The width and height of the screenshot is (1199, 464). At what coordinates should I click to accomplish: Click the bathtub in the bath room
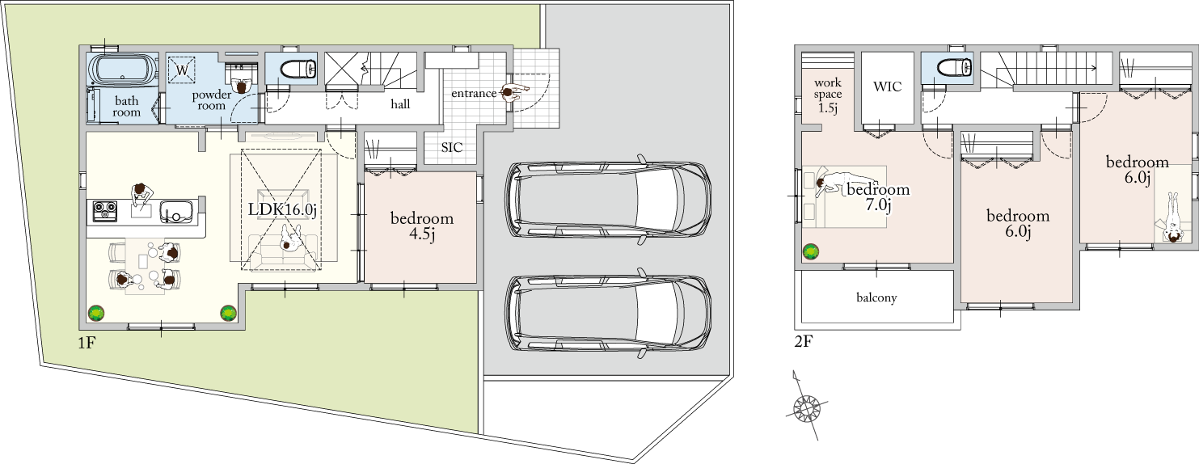pyautogui.click(x=124, y=69)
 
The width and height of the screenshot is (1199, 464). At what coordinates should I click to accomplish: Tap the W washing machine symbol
pyautogui.click(x=182, y=70)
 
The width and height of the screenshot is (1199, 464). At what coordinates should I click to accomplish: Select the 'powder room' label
pyautogui.click(x=212, y=100)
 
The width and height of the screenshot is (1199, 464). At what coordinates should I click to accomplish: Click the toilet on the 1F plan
pyautogui.click(x=298, y=69)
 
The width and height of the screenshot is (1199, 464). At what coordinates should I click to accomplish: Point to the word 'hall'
pyautogui.click(x=400, y=103)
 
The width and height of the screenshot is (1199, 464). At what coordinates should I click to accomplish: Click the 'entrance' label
pyautogui.click(x=474, y=94)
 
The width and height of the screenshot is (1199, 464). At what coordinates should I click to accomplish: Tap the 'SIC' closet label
pyautogui.click(x=452, y=147)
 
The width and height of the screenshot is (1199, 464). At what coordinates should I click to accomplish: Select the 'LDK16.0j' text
pyautogui.click(x=283, y=209)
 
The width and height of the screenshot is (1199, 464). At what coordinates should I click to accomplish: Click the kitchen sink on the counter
pyautogui.click(x=175, y=212)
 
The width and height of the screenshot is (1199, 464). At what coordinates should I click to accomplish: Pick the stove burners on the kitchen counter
pyautogui.click(x=105, y=210)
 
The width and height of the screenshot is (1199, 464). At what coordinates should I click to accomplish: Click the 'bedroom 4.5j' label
pyautogui.click(x=422, y=226)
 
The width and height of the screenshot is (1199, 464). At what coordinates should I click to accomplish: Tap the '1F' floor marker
pyautogui.click(x=87, y=343)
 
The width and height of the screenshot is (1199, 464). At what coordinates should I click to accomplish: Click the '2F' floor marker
pyautogui.click(x=804, y=341)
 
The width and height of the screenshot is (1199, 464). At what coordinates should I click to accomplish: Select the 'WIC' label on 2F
pyautogui.click(x=887, y=86)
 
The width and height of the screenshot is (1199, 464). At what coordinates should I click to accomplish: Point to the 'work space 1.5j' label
pyautogui.click(x=828, y=95)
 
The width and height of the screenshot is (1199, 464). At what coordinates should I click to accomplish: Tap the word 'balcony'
pyautogui.click(x=876, y=297)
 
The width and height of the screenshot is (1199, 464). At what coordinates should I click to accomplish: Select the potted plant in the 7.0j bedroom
pyautogui.click(x=811, y=251)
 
